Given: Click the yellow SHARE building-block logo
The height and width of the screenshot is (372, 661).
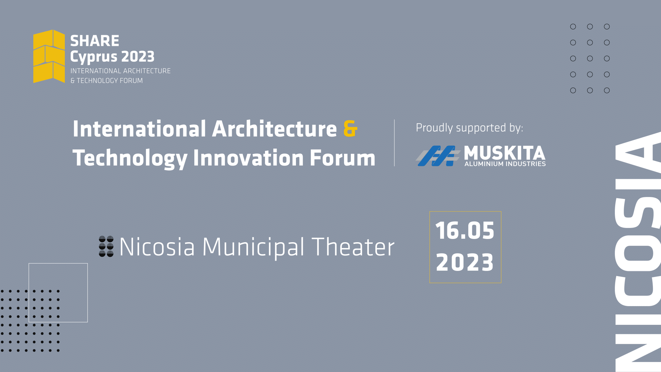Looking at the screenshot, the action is [49, 56].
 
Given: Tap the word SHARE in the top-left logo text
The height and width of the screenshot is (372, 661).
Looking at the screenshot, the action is [95, 41].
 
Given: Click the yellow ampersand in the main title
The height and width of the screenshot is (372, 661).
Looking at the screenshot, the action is [350, 129].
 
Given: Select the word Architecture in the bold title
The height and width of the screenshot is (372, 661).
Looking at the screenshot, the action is [274, 129].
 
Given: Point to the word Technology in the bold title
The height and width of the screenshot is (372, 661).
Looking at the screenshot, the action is [130, 158].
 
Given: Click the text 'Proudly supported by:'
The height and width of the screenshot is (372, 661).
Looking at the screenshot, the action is [469, 128].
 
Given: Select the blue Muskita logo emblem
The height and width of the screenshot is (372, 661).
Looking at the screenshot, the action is [438, 156].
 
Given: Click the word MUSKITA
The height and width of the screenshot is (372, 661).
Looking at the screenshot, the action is [505, 153].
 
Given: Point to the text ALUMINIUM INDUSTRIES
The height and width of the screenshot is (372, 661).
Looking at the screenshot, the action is [505, 164].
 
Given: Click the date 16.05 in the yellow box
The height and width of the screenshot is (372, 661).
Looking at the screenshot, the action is [465, 231].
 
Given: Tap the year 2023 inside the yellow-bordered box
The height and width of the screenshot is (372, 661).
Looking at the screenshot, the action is [465, 262].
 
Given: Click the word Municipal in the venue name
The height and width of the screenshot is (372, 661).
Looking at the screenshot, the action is [253, 247].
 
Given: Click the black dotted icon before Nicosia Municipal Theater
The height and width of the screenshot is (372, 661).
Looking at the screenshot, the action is [106, 246].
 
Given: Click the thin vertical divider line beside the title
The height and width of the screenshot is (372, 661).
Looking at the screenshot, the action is [394, 143].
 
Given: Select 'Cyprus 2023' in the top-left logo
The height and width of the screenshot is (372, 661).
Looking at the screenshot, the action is [112, 57].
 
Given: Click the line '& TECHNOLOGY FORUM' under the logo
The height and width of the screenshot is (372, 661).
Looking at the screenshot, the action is [107, 81].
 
